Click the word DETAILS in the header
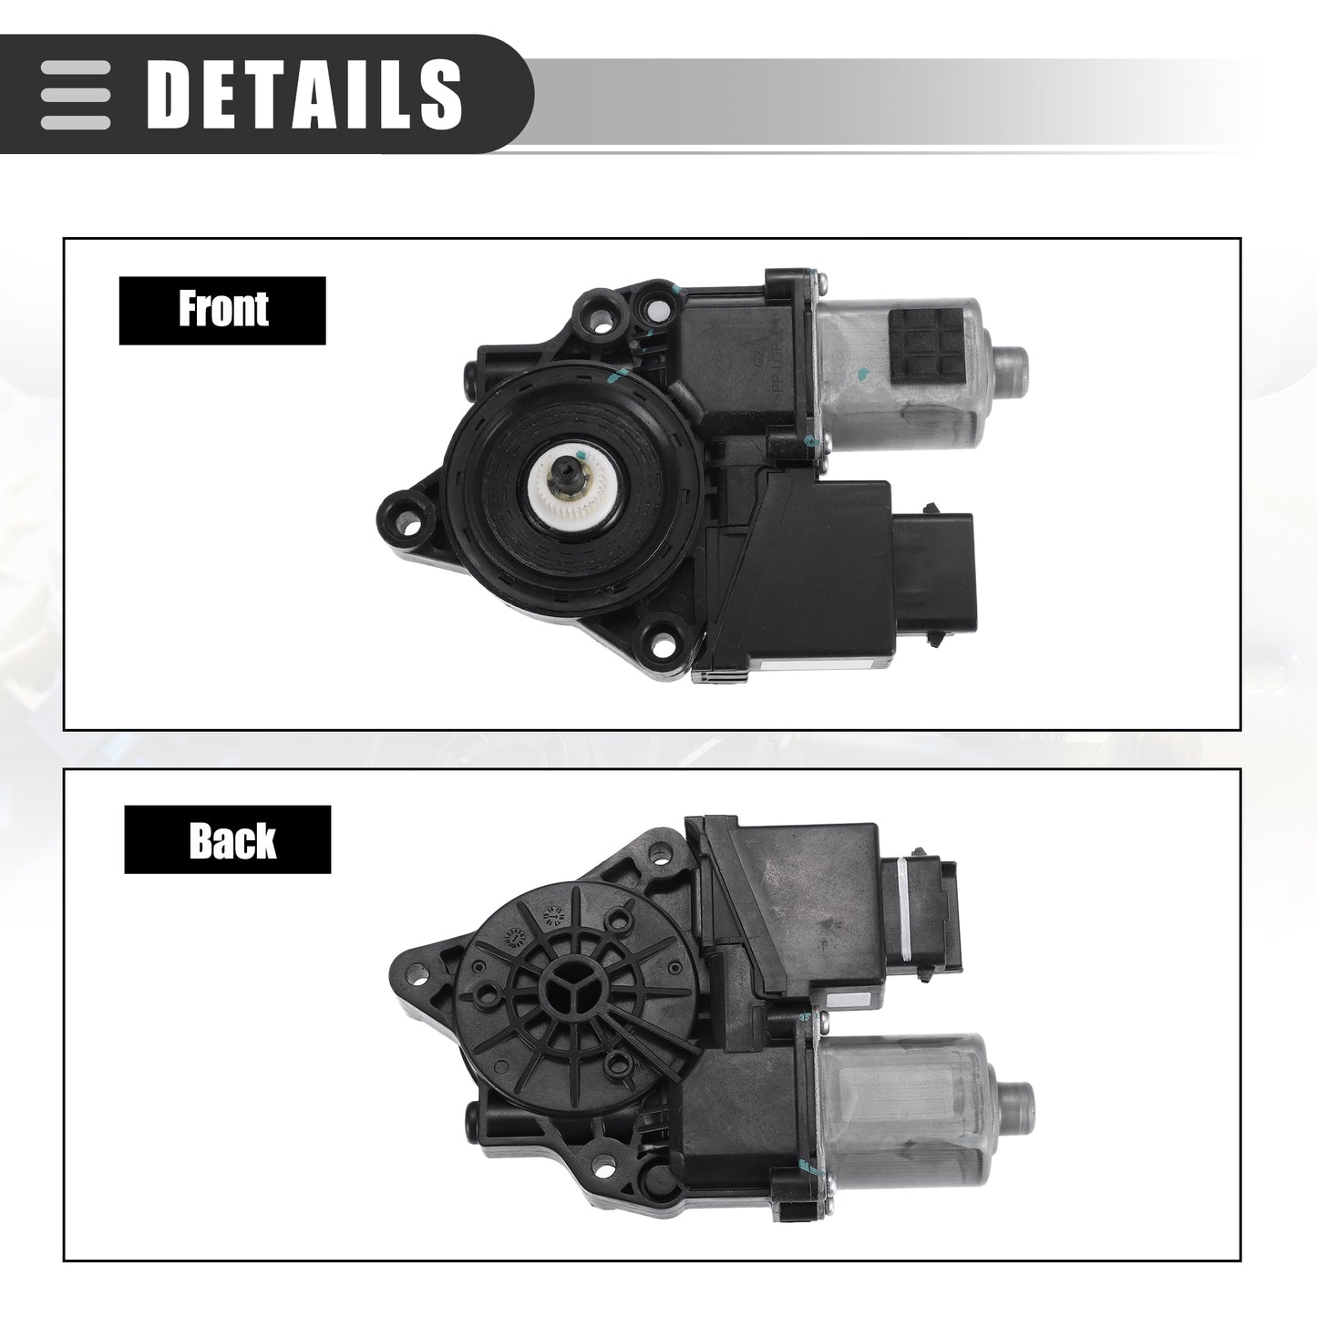(x=304, y=94)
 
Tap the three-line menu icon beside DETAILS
(x=75, y=95)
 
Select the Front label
(x=222, y=310)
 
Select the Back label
(x=228, y=839)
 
